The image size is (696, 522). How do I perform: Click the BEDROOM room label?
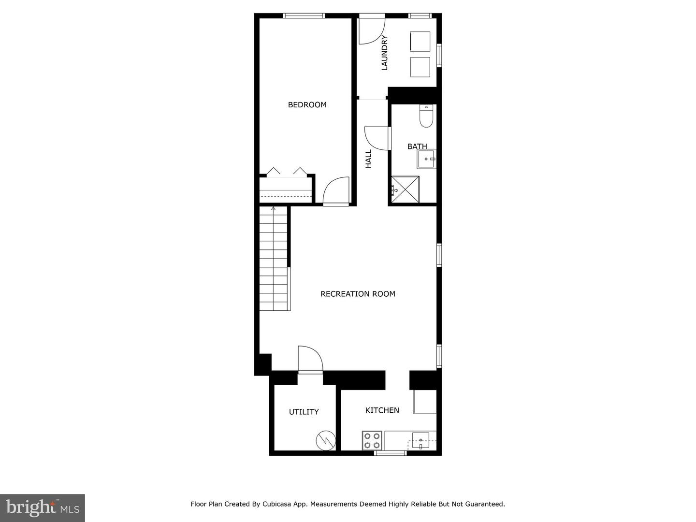pyautogui.click(x=307, y=105)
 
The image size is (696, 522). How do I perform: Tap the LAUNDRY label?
pyautogui.click(x=385, y=53)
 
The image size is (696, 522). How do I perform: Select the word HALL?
pyautogui.click(x=368, y=159)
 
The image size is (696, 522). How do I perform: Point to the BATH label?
pyautogui.click(x=417, y=146)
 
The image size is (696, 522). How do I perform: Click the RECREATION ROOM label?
pyautogui.click(x=358, y=294)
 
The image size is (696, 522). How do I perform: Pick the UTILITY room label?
pyautogui.click(x=304, y=412)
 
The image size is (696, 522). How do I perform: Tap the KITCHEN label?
pyautogui.click(x=382, y=410)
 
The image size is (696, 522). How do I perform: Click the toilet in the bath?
pyautogui.click(x=426, y=116)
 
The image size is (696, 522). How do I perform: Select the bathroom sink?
pyautogui.click(x=427, y=159)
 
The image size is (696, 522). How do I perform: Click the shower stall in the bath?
pyautogui.click(x=405, y=189)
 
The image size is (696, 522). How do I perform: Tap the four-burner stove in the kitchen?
pyautogui.click(x=372, y=440)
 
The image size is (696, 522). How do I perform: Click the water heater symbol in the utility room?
pyautogui.click(x=325, y=440)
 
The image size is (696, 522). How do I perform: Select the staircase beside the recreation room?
pyautogui.click(x=274, y=259)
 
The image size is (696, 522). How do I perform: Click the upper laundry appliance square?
pyautogui.click(x=420, y=42)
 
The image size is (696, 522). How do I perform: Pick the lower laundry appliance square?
pyautogui.click(x=420, y=67)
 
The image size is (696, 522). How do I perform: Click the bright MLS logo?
pyautogui.click(x=43, y=507)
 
